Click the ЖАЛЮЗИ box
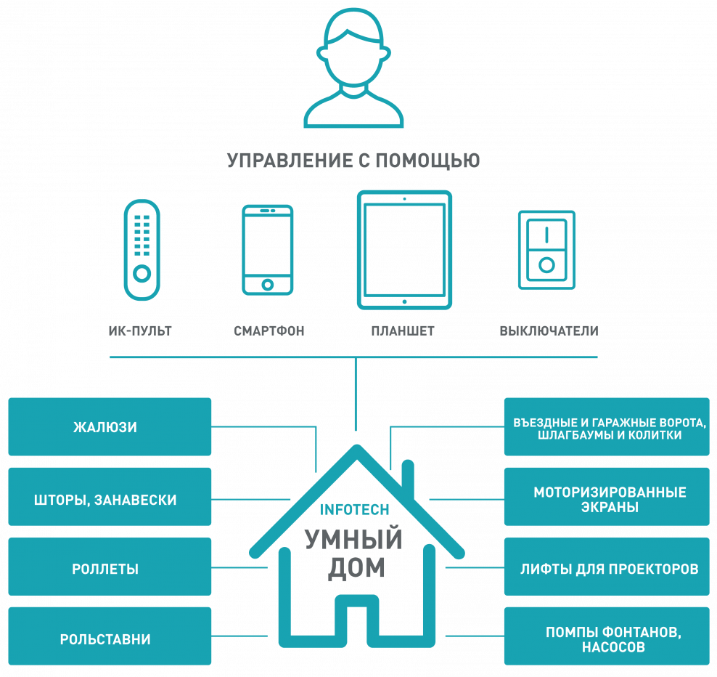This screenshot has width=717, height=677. click(x=110, y=426)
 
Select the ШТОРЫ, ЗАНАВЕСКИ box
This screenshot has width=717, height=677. click(x=110, y=497)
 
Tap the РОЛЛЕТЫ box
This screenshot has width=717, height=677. click(x=110, y=567)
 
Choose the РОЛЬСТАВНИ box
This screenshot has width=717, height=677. click(x=110, y=636)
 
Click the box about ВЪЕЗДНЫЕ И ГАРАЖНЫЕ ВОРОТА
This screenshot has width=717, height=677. click(x=607, y=426)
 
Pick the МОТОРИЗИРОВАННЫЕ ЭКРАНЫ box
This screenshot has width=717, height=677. click(x=607, y=497)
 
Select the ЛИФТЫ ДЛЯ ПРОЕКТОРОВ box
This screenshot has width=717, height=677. click(x=607, y=567)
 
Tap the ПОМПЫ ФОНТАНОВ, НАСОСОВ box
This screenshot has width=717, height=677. click(x=607, y=636)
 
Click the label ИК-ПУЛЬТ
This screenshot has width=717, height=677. click(x=140, y=331)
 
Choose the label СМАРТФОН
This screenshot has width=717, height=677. click(x=269, y=331)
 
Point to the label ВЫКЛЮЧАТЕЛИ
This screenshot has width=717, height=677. click(x=549, y=331)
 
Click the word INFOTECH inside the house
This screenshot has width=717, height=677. click(x=354, y=509)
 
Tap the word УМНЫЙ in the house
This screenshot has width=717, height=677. click(x=353, y=539)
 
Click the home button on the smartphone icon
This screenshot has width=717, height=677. click(x=268, y=285)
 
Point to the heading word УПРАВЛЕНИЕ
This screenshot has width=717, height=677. click(x=290, y=161)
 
